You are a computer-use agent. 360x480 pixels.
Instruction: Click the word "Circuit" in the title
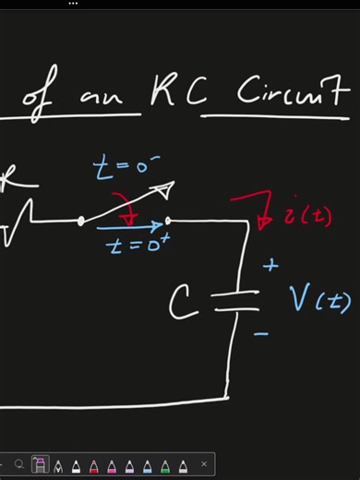click(293, 93)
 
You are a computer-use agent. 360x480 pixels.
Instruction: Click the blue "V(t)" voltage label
click(319, 299)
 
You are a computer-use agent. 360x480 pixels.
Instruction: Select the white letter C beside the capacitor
click(185, 301)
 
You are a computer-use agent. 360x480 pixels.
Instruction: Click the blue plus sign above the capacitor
click(270, 266)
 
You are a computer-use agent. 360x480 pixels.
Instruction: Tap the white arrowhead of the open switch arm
click(163, 192)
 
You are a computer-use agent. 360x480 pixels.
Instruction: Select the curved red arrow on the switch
click(124, 207)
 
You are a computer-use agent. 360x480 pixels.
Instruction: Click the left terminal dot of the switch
click(81, 222)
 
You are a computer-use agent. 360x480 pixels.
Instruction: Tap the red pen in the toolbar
click(94, 464)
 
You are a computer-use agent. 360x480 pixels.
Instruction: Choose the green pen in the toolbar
click(165, 464)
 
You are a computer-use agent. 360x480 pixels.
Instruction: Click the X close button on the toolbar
click(204, 464)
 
